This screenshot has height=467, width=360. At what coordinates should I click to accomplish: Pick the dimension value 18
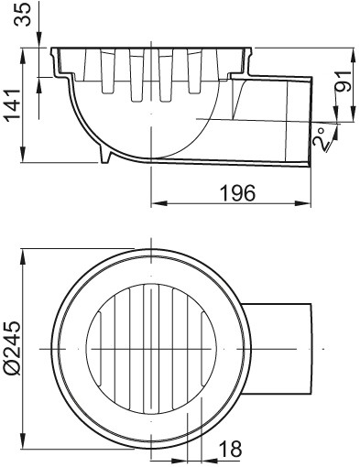pos(230,449)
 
